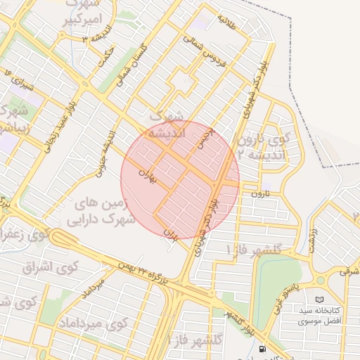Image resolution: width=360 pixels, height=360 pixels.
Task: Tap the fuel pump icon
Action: [262, 349]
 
